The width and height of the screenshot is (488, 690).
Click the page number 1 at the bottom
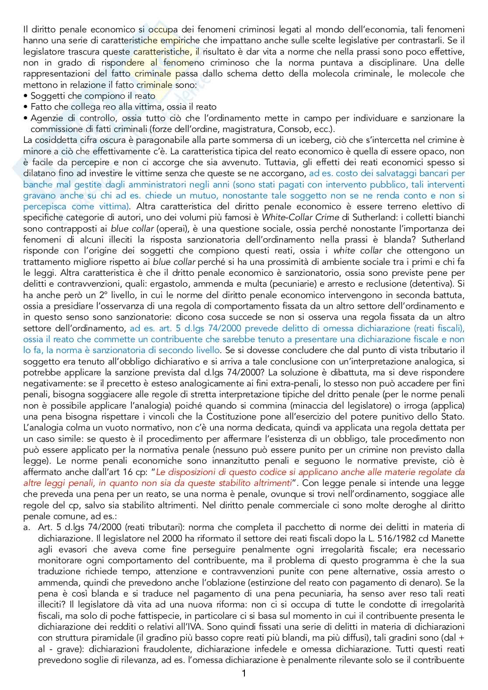tap(244, 673)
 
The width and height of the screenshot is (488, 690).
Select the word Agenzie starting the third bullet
tap(46, 118)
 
